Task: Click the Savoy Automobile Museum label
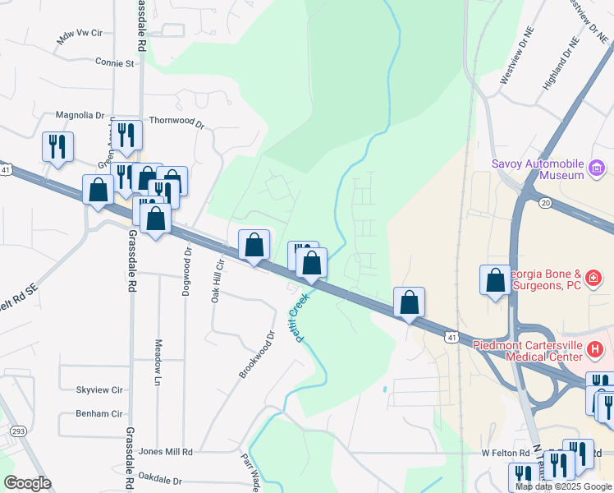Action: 538,168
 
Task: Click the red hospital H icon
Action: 597,351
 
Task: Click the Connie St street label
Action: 114,62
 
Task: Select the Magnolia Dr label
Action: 80,116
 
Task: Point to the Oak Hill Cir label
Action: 218,280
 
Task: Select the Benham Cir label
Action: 99,415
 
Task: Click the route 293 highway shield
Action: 16,431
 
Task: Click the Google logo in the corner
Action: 27,483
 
